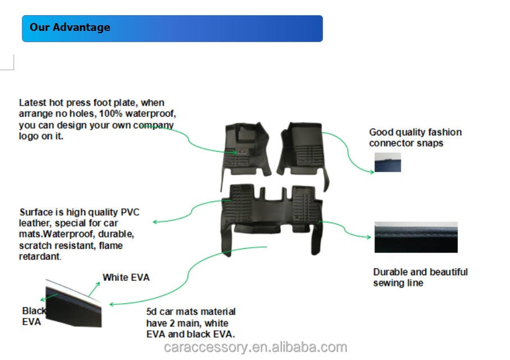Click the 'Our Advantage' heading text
pos(70,28)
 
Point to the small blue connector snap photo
pos(388,162)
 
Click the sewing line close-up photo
pos(416,238)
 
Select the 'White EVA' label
pos(126,277)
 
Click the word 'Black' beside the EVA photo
pos(34,311)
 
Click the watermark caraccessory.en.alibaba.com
pos(256,348)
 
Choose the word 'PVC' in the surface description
pos(130,212)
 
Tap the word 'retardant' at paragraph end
pos(40,257)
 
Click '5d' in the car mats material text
pos(152,312)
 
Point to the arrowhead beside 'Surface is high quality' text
pos(156,222)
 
